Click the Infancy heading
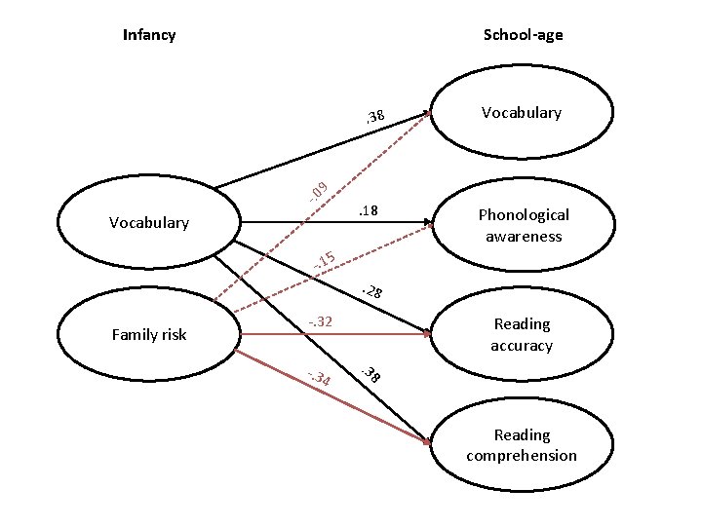click(149, 35)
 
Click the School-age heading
click(523, 35)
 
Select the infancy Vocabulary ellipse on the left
click(150, 222)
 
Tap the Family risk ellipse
click(150, 334)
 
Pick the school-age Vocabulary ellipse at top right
click(523, 113)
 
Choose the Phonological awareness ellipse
click(523, 225)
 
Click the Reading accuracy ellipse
click(523, 334)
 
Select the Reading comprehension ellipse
click(523, 445)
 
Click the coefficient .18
click(368, 211)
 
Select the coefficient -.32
click(321, 321)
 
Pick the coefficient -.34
click(318, 378)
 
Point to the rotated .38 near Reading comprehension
click(371, 374)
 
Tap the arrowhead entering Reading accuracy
click(427, 333)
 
